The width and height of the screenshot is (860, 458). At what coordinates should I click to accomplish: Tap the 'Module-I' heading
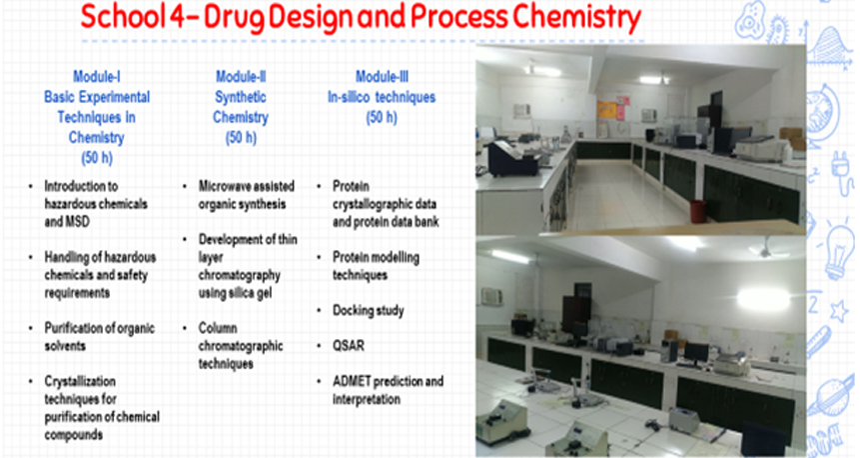97,76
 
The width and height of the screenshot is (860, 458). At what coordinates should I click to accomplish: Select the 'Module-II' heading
241,76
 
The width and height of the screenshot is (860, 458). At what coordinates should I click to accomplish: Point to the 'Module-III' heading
382,76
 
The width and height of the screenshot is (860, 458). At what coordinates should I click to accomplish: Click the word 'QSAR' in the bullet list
349,345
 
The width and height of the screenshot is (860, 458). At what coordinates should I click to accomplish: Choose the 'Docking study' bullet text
368,310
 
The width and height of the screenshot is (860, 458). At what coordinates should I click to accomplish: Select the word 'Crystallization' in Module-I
80,381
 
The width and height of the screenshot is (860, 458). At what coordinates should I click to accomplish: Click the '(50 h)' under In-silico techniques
382,118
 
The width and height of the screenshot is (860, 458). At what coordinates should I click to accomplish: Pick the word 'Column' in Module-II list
218,328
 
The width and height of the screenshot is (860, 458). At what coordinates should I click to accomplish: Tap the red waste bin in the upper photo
698,211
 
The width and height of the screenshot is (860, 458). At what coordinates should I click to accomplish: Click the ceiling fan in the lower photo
766,249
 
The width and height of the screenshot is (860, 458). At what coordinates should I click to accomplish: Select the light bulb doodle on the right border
839,251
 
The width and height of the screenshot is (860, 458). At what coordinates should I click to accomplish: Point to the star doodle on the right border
839,311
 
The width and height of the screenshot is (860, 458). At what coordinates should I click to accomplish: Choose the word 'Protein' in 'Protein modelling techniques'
351,257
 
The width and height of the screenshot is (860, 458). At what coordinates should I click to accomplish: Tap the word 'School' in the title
123,18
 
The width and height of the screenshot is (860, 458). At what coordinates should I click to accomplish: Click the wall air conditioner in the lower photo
492,297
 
